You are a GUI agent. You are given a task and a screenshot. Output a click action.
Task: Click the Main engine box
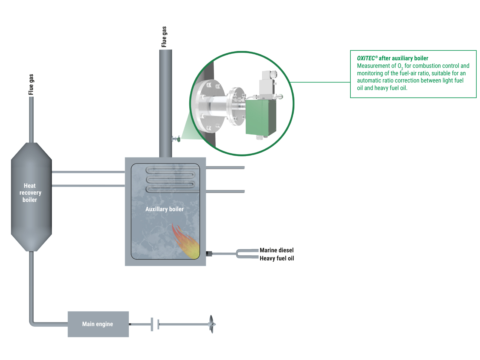click(98, 324)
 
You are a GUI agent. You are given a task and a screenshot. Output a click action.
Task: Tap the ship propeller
click(212, 324)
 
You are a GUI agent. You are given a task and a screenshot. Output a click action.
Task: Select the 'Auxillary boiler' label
click(164, 209)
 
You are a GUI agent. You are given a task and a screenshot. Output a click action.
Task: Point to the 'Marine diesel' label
click(277, 250)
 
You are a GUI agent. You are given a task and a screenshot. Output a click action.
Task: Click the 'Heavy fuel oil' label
click(277, 258)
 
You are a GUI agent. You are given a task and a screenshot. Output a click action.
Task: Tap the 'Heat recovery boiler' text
click(30, 193)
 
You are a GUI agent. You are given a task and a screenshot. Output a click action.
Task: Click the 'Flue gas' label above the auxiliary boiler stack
click(164, 37)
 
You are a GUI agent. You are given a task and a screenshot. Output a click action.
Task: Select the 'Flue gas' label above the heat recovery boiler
click(31, 84)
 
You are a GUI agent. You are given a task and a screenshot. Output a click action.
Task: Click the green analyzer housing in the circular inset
click(260, 117)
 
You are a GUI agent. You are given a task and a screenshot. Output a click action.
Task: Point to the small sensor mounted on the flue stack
click(176, 139)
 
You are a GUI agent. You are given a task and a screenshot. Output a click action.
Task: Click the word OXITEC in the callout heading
click(366, 58)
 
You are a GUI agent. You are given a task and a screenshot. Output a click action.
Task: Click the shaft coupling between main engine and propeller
click(155, 324)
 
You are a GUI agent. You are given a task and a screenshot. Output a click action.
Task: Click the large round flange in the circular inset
click(208, 106)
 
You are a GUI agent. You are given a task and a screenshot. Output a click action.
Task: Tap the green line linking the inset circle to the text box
click(321, 82)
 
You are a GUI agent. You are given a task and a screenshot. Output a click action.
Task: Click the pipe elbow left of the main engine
click(32, 323)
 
